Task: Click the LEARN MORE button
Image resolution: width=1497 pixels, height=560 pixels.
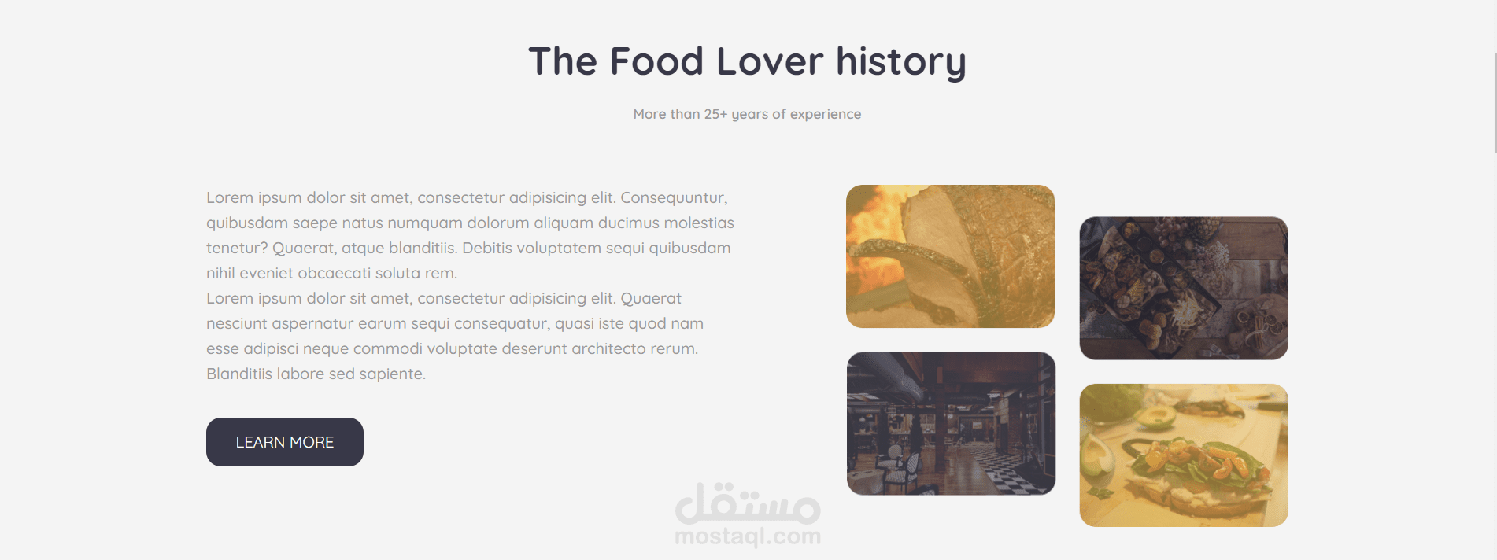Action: coord(285,442)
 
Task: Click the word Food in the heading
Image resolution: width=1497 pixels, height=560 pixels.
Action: coord(656,61)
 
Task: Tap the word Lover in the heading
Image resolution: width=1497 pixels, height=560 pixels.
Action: coord(770,61)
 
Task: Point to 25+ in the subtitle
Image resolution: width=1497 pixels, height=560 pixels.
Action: coord(715,114)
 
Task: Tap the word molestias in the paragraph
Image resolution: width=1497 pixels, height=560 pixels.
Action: coord(699,223)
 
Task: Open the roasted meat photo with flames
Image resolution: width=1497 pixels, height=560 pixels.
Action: coord(950,256)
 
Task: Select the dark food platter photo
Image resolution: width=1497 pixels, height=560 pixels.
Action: coord(1184,288)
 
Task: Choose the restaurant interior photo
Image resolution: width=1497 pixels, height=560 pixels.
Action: coord(951,423)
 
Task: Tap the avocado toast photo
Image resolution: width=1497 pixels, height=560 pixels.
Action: coord(1184,455)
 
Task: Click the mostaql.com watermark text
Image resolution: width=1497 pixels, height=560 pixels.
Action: coord(748,536)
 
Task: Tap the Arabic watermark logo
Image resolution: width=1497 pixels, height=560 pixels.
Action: coord(748,503)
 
